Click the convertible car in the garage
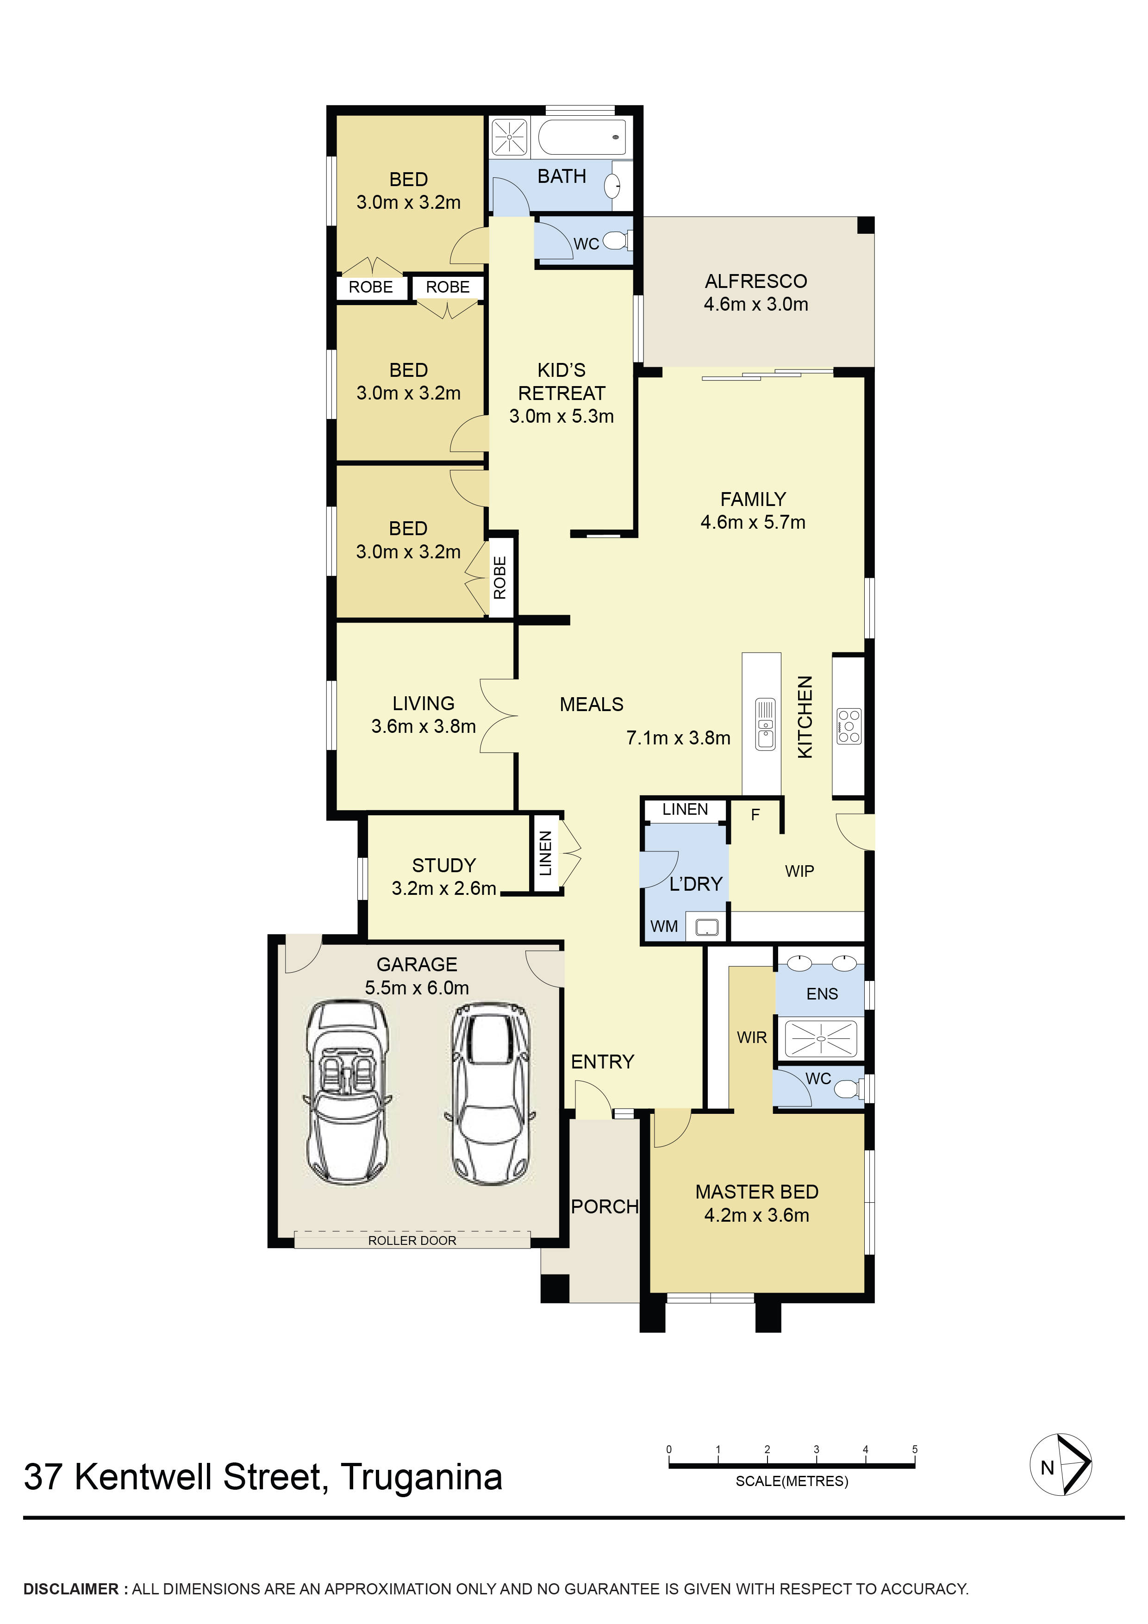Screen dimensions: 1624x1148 point(347,1092)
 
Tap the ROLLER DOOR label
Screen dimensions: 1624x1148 point(412,1241)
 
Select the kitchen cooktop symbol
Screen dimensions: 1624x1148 point(849,726)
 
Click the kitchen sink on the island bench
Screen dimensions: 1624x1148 point(765,724)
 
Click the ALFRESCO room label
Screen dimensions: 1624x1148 point(755,281)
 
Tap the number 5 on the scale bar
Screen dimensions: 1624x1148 point(915,1449)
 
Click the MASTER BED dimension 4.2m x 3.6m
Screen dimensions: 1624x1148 point(756,1215)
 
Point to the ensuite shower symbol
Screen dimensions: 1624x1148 point(821,1039)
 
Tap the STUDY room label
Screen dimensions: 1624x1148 point(443,865)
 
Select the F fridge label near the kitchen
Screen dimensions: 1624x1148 point(755,815)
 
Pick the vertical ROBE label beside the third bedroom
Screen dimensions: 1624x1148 point(500,577)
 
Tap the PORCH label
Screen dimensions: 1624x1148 point(605,1207)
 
